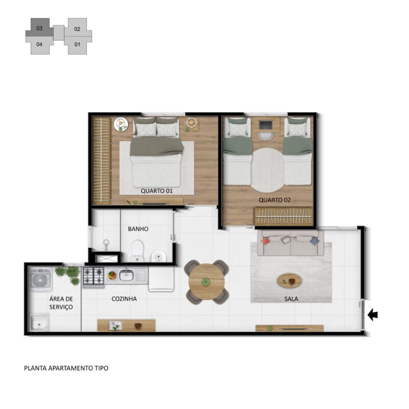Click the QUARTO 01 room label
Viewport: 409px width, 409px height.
click(156, 191)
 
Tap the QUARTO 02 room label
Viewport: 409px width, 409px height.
click(275, 200)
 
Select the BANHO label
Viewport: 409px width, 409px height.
click(138, 229)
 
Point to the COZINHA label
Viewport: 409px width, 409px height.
click(124, 299)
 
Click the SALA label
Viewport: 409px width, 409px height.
click(291, 299)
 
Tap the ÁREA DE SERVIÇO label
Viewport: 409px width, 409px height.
click(61, 303)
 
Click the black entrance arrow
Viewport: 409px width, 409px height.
click(373, 315)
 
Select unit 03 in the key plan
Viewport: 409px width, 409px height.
click(39, 28)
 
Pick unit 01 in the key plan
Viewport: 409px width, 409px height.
click(78, 44)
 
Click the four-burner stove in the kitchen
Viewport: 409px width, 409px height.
click(94, 276)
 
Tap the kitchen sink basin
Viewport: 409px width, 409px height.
click(126, 275)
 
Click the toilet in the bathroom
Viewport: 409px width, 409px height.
click(137, 251)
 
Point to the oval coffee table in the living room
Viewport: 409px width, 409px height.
click(289, 281)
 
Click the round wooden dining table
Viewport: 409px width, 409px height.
click(207, 282)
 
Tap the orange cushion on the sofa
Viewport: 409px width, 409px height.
click(265, 240)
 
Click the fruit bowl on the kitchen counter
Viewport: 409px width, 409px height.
click(112, 275)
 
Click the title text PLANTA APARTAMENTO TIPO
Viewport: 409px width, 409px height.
click(66, 368)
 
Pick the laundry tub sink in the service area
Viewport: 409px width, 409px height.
click(40, 322)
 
